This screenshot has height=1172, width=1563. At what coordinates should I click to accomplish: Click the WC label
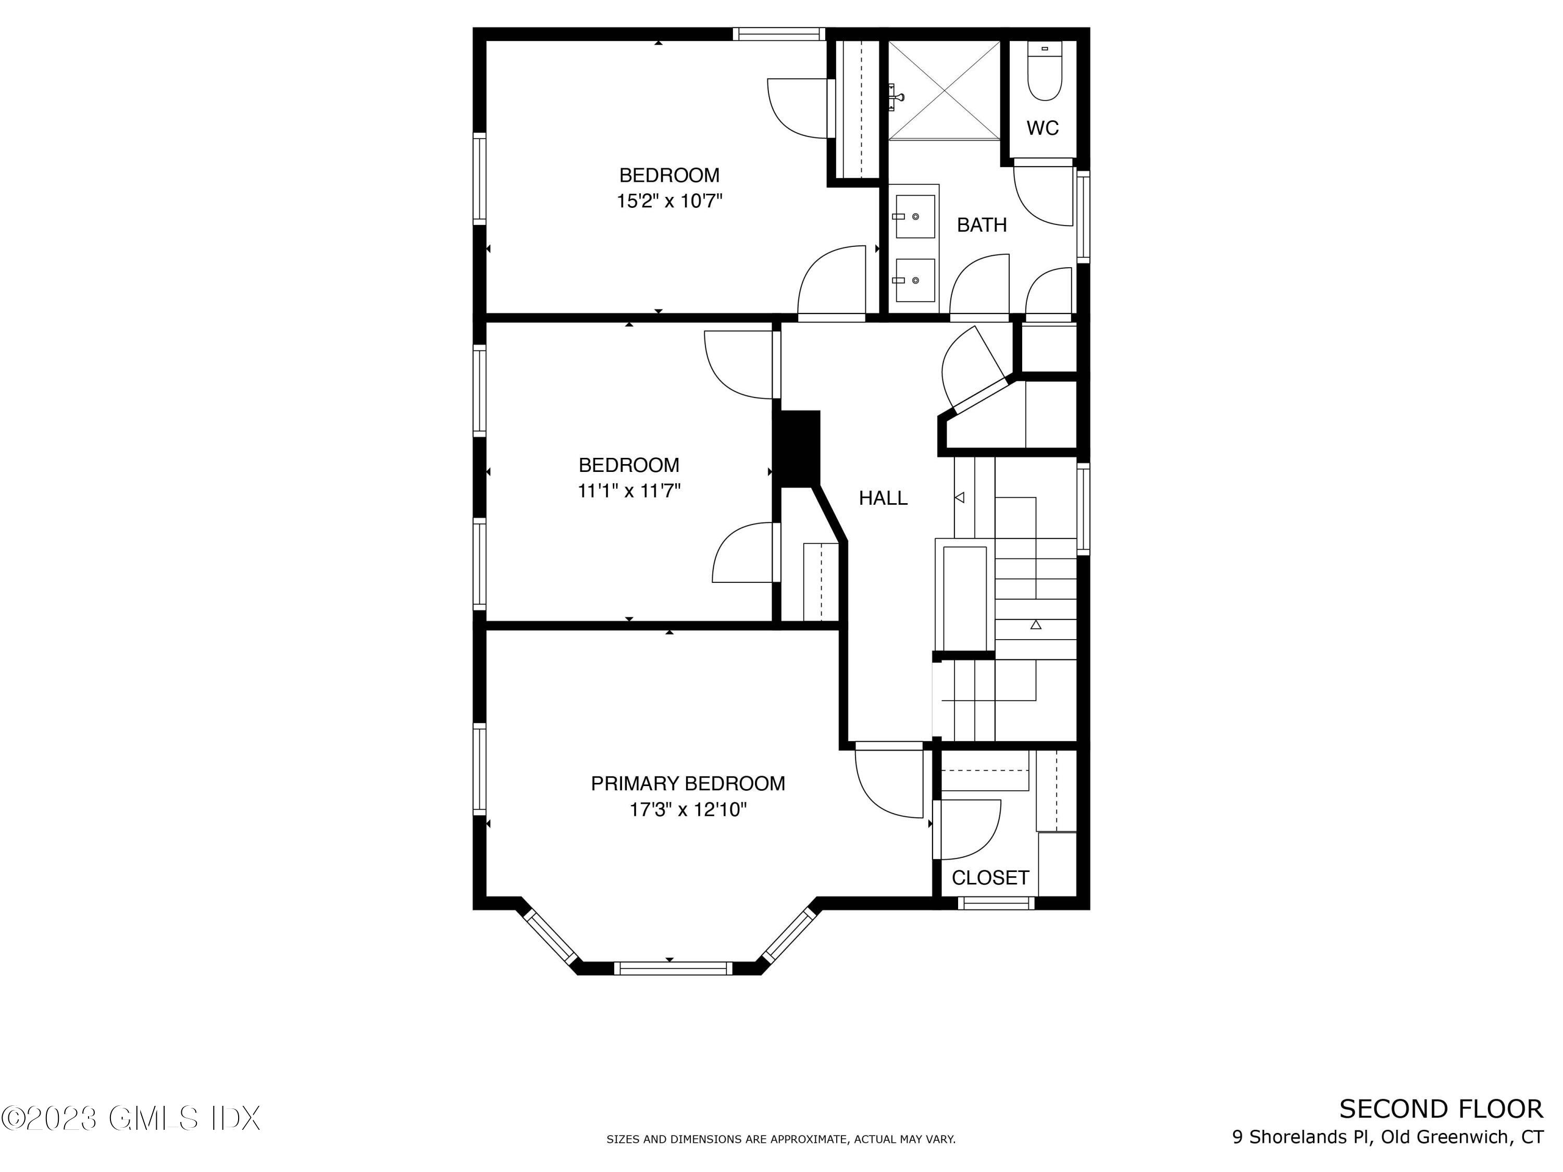(x=1042, y=128)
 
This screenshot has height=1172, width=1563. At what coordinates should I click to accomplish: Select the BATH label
(x=982, y=225)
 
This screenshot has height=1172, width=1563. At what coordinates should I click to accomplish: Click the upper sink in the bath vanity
(x=914, y=216)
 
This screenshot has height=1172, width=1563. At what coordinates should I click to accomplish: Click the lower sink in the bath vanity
(x=914, y=280)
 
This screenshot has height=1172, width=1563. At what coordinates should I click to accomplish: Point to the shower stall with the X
(x=944, y=90)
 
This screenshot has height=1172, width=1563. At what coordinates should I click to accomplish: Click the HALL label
(x=883, y=498)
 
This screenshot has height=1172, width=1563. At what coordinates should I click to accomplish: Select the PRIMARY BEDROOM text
(x=688, y=783)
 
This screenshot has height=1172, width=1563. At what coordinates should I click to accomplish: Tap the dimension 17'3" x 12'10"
(x=688, y=809)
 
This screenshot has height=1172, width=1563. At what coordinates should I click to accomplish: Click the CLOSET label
(x=990, y=877)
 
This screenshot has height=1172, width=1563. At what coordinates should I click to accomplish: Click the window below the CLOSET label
(x=996, y=903)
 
